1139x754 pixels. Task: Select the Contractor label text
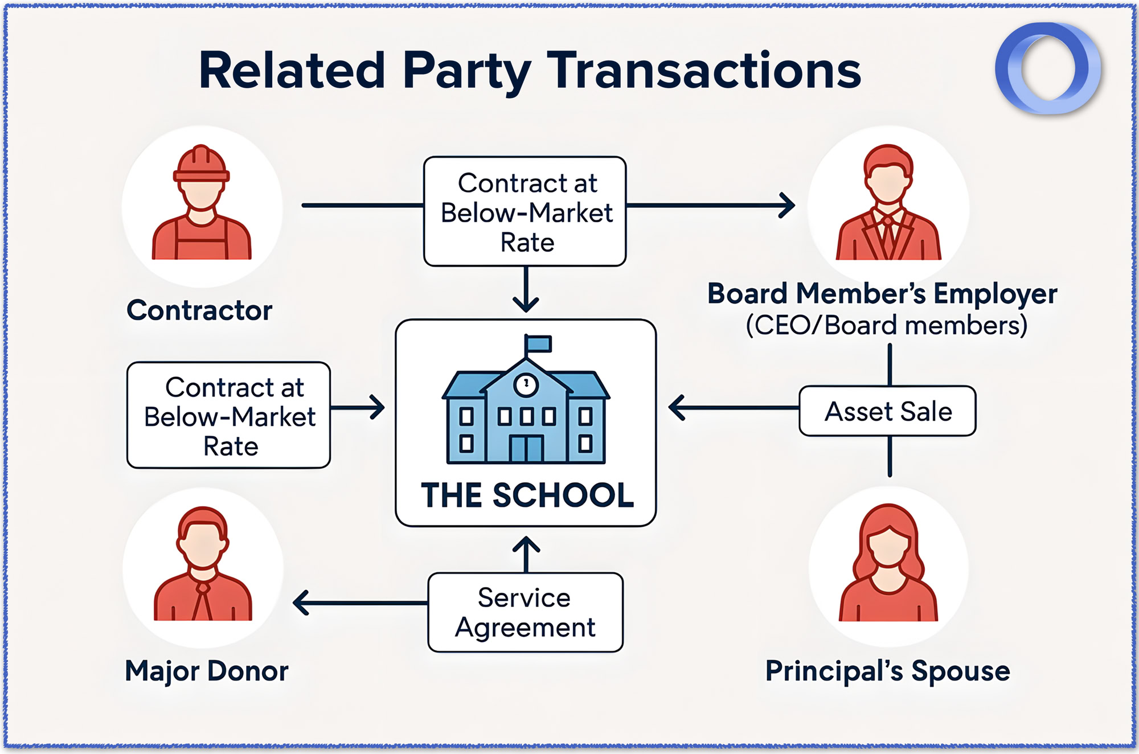199,310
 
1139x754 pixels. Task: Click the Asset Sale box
887,411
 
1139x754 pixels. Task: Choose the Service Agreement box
525,612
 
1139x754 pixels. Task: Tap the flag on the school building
539,343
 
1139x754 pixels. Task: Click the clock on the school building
526,384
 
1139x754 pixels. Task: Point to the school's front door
526,448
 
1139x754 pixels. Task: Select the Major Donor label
206,671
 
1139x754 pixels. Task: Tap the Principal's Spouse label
887,671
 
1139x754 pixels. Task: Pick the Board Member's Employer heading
882,294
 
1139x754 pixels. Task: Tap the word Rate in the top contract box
527,243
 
